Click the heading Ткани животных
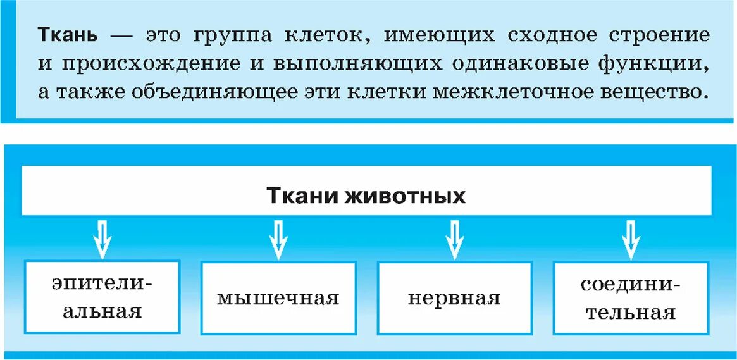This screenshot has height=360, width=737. [x=366, y=195]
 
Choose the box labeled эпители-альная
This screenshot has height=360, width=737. [x=102, y=297]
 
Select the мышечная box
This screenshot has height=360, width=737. [x=278, y=297]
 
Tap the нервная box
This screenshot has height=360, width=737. [x=454, y=297]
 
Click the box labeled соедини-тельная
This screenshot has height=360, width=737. [x=630, y=297]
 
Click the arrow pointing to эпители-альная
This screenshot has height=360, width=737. [x=102, y=239]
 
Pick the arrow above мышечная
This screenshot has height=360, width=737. [x=278, y=239]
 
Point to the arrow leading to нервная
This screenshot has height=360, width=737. [x=454, y=239]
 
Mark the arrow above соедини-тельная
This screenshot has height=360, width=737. [x=630, y=239]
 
